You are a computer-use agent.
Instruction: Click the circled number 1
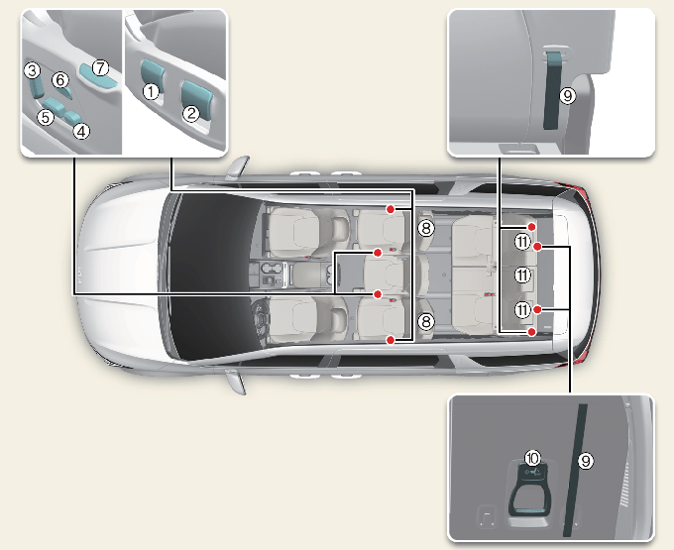point(151,91)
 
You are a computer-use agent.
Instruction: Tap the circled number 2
point(191,113)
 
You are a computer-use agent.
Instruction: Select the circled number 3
point(32,70)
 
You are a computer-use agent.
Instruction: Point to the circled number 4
point(81,131)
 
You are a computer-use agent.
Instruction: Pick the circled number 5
point(46,117)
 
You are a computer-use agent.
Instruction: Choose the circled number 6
point(60,79)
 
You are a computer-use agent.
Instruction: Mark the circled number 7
point(100,67)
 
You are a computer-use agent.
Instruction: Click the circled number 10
point(532,458)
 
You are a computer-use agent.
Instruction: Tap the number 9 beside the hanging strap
point(567,95)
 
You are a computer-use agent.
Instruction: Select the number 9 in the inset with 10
point(585,461)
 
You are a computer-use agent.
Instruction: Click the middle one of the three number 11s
point(522,275)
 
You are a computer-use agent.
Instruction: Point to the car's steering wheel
point(260,319)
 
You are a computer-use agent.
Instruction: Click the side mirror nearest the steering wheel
point(236,382)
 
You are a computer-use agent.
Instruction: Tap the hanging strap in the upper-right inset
point(554,90)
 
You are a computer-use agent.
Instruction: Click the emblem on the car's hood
point(80,272)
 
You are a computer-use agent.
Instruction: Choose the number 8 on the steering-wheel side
point(425,321)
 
